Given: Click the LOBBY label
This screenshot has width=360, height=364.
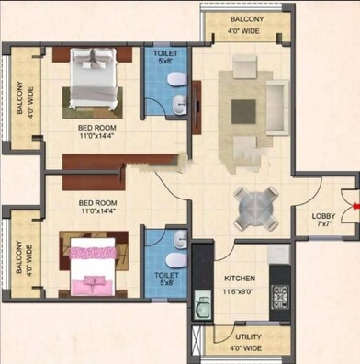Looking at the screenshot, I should coord(324,217).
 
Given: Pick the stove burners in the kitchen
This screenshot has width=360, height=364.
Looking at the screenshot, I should coord(279,295).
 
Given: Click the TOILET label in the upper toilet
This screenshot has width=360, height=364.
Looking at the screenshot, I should coord(166,54).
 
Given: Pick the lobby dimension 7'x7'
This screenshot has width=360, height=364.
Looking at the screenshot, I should coord(324,227).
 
